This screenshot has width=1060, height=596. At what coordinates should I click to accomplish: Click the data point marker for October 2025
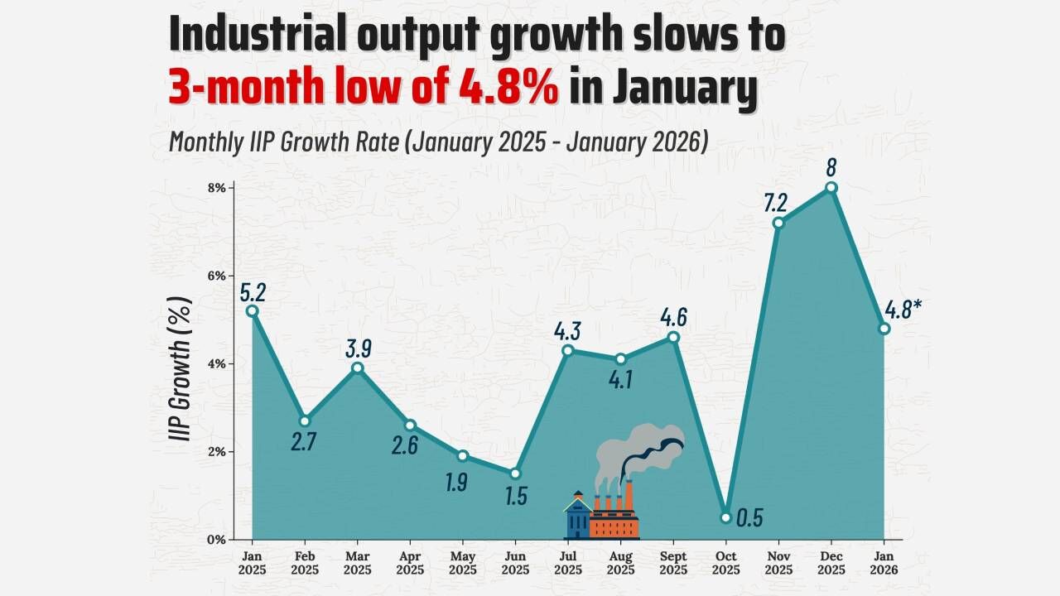tap(726, 517)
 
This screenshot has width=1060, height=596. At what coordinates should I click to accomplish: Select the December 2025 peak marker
tap(831, 188)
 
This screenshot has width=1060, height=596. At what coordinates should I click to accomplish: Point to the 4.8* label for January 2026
tap(903, 310)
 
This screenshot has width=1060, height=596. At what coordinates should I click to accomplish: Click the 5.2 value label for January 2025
tap(253, 291)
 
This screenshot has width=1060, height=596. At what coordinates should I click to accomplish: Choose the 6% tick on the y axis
tap(216, 276)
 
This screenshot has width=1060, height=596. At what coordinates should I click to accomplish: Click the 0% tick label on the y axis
tap(216, 540)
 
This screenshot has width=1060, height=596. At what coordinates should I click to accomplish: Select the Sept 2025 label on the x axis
tap(673, 563)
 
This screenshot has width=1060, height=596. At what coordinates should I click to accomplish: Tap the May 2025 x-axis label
tap(462, 563)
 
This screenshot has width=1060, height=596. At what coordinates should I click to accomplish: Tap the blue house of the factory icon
tap(578, 518)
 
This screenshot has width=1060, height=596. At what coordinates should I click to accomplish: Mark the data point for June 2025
tap(515, 473)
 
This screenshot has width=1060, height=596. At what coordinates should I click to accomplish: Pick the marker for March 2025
tap(358, 368)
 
